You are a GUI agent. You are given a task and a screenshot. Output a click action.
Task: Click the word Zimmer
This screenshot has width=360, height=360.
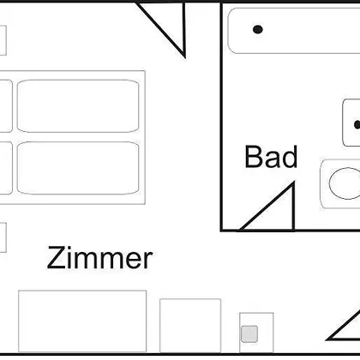tap(99, 258)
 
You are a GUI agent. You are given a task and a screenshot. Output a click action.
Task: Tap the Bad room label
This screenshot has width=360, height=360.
tap(271, 157)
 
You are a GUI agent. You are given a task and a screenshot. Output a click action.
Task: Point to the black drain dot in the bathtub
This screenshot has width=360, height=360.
tap(258, 29)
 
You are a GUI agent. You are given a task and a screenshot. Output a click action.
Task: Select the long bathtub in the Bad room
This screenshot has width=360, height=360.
tap(294, 31)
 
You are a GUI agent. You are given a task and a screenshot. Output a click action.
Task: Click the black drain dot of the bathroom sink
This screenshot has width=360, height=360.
tap(357, 124)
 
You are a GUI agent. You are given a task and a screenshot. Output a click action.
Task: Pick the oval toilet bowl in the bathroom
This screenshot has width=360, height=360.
tap(345, 183)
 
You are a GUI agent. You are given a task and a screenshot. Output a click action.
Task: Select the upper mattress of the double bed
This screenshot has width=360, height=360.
tap(78, 106)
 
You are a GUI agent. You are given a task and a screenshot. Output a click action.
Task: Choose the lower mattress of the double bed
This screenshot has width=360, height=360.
tap(78, 168)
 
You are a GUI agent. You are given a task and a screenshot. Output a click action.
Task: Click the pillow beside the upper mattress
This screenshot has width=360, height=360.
tap(6, 106)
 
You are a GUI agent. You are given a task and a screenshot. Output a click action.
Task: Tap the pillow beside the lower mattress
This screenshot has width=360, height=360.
tap(6, 168)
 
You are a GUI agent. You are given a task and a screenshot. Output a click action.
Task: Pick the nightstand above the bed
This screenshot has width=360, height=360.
tap(3, 40)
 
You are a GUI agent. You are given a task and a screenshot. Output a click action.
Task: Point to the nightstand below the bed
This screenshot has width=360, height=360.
tap(3, 237)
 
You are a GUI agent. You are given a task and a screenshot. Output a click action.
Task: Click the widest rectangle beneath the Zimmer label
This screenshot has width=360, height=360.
tap(82, 321)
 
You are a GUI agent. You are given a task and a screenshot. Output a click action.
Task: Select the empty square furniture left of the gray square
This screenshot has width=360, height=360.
tap(190, 326)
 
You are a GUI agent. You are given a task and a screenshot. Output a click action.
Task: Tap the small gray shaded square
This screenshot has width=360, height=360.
tap(249, 333)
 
